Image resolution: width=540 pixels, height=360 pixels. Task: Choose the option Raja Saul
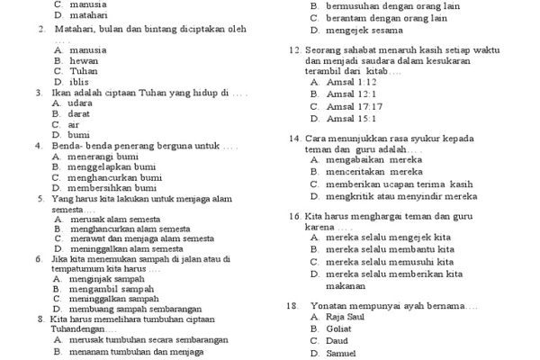346,318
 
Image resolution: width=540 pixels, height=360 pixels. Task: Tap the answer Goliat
339,329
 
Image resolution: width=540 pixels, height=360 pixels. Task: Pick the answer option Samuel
341,354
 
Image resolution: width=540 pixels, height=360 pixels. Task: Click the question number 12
293,50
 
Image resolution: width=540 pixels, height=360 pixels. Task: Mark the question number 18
292,306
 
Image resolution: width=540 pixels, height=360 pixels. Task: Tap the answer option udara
80,103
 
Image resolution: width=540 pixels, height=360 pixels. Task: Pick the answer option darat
79,114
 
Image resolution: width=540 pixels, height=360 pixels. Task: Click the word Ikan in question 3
60,93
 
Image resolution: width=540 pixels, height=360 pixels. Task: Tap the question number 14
293,139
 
